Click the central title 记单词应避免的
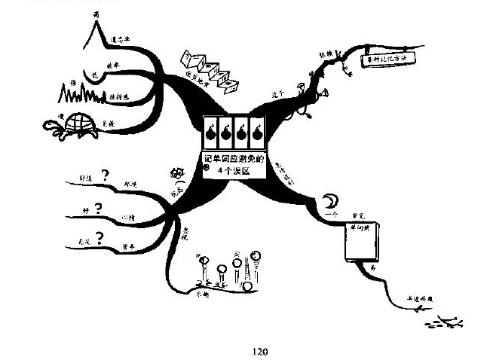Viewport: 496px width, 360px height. click(x=237, y=159)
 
